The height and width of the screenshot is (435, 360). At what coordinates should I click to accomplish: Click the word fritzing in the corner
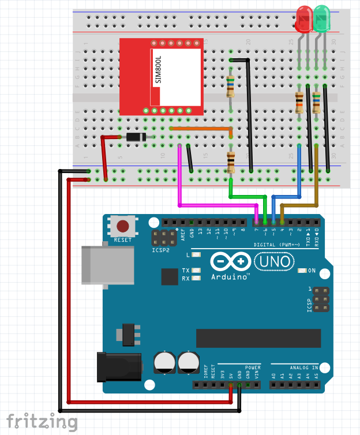pos(42,422)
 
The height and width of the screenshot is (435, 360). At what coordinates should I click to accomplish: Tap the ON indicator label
pos(312,271)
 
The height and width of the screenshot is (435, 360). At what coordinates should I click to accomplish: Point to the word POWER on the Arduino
pos(253,367)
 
